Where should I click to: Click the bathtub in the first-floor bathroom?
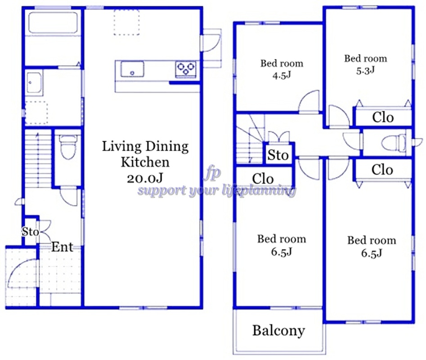(53, 22)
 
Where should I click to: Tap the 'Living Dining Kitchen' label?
(145, 154)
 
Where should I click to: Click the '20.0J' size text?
(145, 178)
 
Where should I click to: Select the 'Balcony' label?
(278, 331)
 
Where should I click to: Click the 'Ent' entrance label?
(62, 247)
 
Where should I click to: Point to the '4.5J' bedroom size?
(282, 75)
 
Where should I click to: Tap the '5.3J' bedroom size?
(365, 70)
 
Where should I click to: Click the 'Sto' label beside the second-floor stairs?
(278, 155)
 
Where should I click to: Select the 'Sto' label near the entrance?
(31, 232)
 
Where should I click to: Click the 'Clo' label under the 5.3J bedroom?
(383, 117)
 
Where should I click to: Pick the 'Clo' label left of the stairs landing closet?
(263, 179)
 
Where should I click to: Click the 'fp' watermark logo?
(212, 173)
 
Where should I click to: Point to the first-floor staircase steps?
(38, 159)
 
